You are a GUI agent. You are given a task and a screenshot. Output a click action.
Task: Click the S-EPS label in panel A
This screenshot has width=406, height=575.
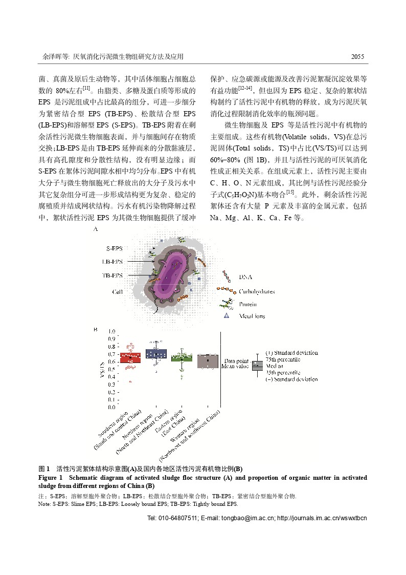(114, 248)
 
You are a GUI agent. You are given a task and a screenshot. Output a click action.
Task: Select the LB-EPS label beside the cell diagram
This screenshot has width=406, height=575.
(112, 262)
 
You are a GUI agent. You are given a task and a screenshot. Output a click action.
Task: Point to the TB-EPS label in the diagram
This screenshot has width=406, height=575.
(112, 275)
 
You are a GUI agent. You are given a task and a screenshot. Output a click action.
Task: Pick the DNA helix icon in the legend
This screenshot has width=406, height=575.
(225, 278)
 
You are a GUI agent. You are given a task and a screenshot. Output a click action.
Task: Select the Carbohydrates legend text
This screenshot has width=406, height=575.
(256, 291)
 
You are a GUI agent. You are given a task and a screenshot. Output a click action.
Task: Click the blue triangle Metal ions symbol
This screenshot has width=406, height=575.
(225, 316)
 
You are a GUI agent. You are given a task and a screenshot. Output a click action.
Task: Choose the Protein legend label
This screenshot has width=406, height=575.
(248, 304)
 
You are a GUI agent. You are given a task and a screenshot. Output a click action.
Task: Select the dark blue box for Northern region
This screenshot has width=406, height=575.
(156, 353)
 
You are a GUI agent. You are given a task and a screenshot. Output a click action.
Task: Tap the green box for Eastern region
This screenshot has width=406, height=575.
(182, 357)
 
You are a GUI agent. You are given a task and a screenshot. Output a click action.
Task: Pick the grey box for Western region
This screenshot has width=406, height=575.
(208, 361)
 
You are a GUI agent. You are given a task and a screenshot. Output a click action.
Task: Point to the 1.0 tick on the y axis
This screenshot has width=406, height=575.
(111, 331)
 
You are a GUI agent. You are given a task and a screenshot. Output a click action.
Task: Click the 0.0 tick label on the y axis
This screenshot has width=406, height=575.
(111, 407)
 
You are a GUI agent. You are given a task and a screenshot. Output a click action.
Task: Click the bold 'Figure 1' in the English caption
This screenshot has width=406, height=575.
(50, 477)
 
